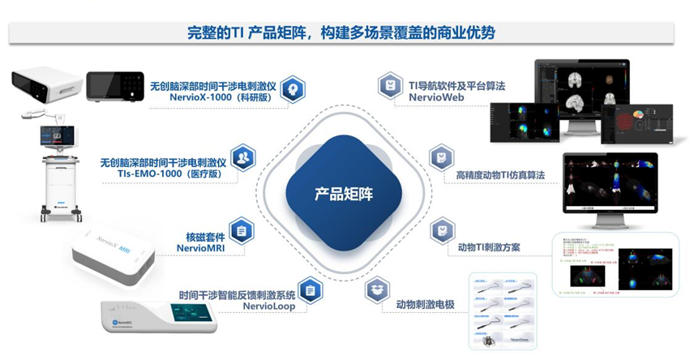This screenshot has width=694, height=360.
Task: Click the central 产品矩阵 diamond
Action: (346, 194)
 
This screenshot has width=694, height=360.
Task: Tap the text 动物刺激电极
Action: (426, 305)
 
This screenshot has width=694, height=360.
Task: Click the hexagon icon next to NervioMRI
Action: (241, 232)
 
